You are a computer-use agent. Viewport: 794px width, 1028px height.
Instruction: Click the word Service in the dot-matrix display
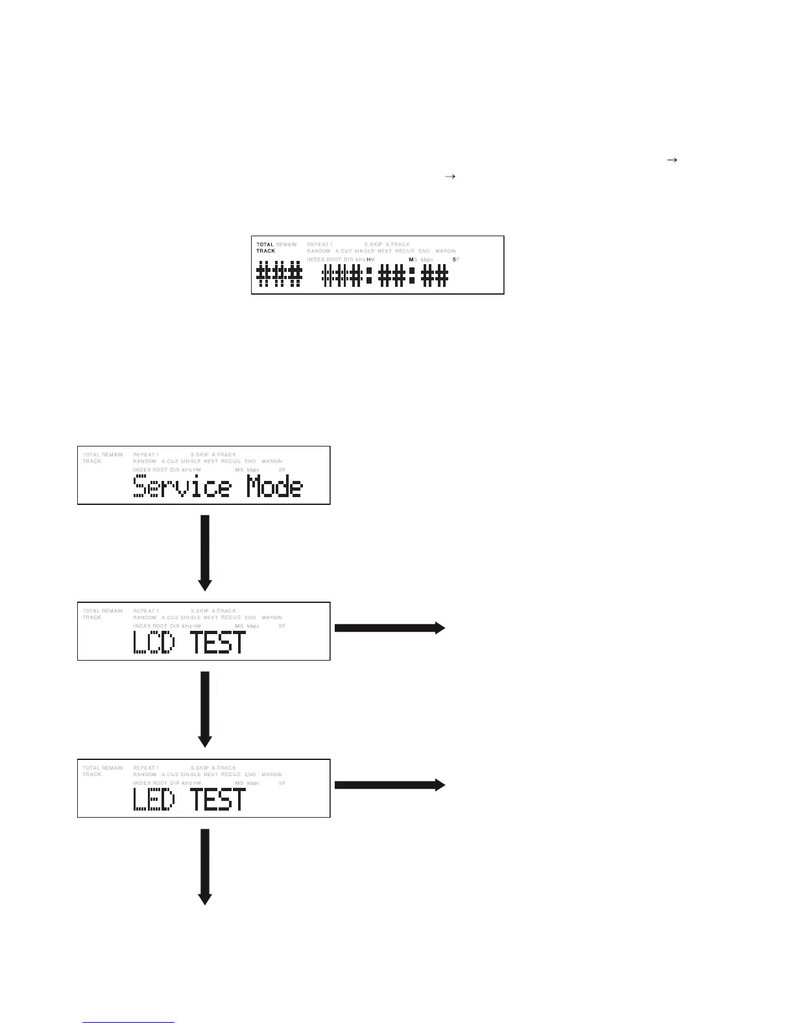182,487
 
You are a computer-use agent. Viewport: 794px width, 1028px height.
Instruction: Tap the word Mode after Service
274,487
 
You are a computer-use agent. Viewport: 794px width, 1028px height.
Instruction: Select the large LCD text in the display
154,642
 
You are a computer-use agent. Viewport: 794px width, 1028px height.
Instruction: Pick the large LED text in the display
154,800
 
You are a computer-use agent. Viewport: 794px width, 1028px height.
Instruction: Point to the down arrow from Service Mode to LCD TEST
205,552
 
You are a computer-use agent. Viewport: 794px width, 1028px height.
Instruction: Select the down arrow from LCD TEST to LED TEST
205,709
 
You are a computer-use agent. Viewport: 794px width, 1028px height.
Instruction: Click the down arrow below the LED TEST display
205,866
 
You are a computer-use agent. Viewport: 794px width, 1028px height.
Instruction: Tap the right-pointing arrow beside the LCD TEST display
389,628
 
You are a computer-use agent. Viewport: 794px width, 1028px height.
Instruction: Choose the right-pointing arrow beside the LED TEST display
389,785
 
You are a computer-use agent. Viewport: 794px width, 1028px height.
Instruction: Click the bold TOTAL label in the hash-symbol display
265,245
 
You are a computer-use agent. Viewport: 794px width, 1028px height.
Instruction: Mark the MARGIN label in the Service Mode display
272,461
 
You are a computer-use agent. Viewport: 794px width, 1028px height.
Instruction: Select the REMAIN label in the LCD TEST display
112,611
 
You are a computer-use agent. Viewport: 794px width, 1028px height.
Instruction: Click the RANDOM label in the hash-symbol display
319,251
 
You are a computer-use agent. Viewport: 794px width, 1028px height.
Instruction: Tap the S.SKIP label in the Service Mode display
200,455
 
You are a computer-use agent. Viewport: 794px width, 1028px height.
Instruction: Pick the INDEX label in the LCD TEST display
141,626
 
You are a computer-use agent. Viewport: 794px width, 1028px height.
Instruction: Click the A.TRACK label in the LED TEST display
224,768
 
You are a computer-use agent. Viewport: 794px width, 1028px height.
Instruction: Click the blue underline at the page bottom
129,1023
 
